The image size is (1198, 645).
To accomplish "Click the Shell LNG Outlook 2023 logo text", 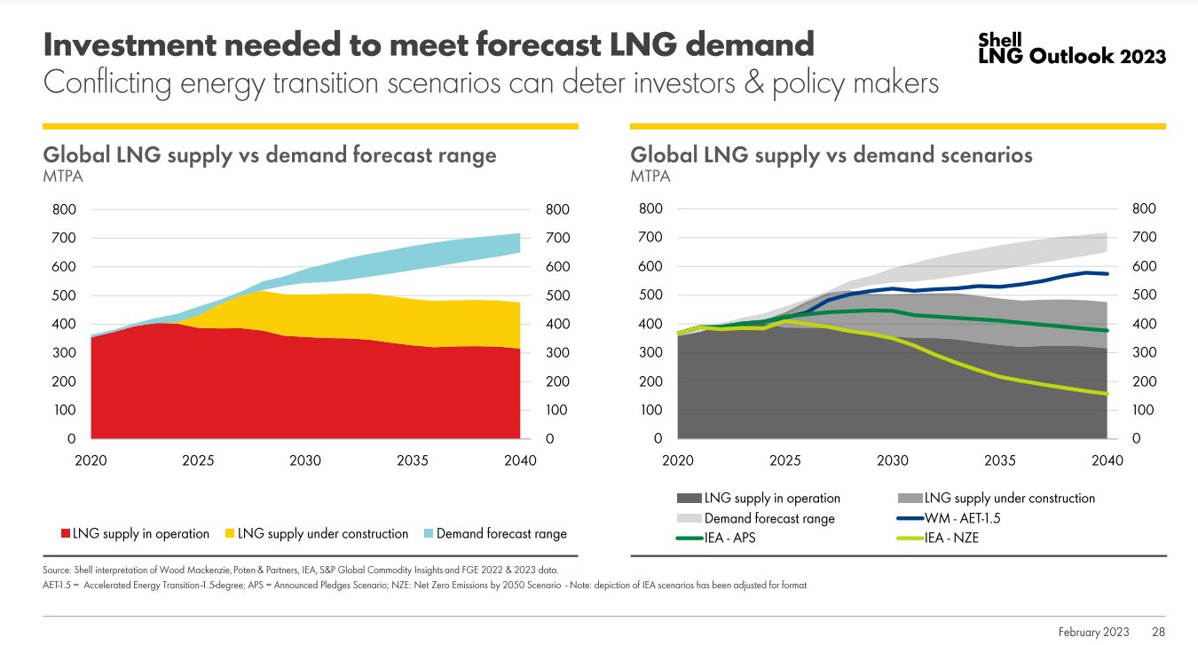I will [1071, 50].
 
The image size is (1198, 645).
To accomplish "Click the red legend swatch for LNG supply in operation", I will [65, 534].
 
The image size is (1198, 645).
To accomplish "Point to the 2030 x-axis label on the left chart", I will [305, 461].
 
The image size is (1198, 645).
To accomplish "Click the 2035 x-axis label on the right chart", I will [1000, 461].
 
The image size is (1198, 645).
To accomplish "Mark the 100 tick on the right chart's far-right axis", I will [1145, 411].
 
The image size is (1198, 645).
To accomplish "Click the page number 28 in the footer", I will [1159, 632].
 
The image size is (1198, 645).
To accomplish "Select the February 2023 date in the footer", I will [1093, 632].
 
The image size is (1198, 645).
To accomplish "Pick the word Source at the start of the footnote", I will [58, 569].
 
